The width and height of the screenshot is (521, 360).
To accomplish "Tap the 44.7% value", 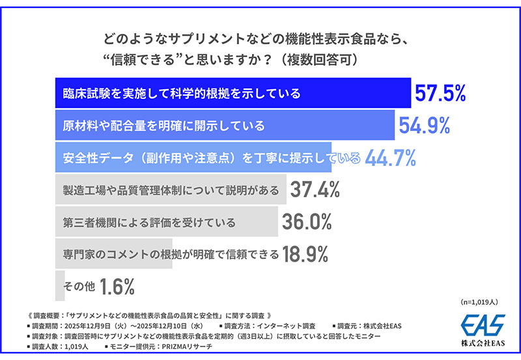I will point(390,157).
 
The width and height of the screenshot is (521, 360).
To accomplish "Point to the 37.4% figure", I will point(315,189).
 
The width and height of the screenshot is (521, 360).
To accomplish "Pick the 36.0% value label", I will point(307,222).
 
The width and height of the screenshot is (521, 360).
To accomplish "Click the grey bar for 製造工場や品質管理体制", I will point(169,189).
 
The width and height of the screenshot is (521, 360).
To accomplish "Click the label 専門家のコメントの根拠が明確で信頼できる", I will point(171,254).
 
